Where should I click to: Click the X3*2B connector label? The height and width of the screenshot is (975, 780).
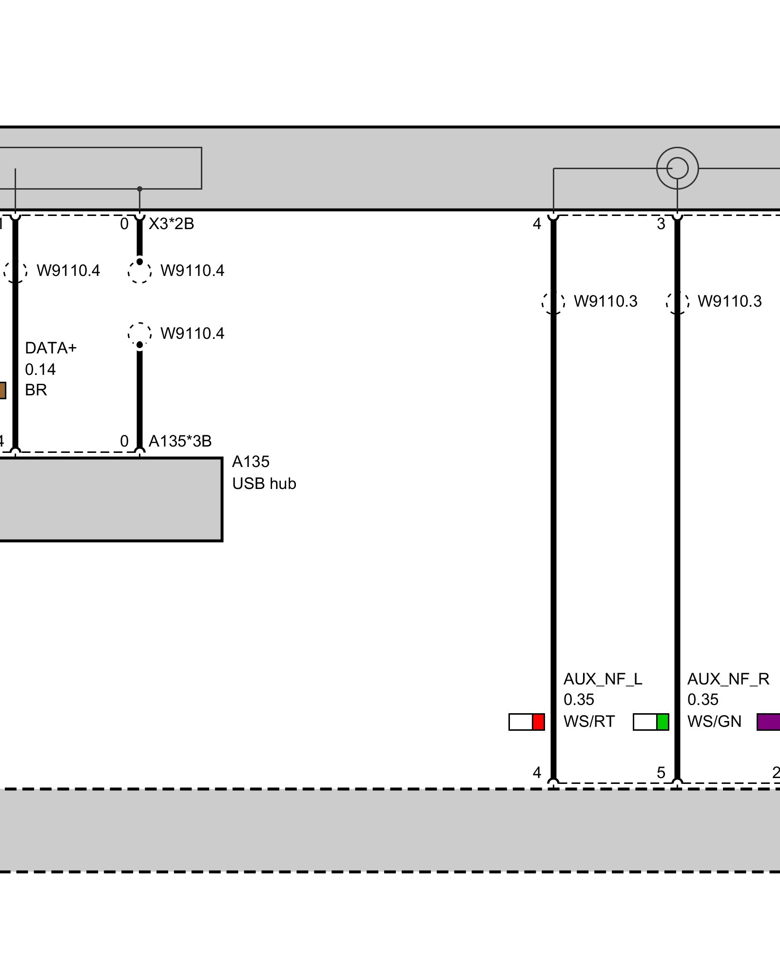(x=171, y=224)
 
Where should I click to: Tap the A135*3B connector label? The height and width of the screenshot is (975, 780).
(x=180, y=441)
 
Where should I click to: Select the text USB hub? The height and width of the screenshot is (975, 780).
(x=264, y=484)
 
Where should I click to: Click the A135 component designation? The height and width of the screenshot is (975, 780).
(x=251, y=462)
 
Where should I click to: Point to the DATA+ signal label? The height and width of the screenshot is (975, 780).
(x=51, y=348)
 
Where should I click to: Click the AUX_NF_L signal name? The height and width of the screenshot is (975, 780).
(x=603, y=679)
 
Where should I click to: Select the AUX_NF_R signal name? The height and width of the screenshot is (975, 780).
(x=728, y=679)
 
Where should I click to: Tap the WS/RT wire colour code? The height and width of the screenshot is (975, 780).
(x=589, y=721)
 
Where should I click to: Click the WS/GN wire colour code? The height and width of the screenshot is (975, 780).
(x=714, y=721)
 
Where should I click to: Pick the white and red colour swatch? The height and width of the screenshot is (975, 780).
(x=526, y=722)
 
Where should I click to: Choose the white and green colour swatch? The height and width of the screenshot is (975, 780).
(x=651, y=722)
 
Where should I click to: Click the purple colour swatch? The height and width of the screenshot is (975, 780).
(x=769, y=722)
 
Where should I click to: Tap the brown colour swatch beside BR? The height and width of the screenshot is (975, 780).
(x=2, y=390)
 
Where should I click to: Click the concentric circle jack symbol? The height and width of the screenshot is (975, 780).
(x=677, y=169)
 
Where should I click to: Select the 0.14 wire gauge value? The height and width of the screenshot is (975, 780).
(x=40, y=370)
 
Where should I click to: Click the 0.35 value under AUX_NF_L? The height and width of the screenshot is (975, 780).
(x=579, y=700)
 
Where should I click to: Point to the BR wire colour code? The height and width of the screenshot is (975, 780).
(x=36, y=390)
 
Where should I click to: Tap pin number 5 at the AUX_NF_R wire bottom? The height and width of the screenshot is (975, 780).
(x=661, y=773)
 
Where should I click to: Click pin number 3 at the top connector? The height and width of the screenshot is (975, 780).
(x=661, y=224)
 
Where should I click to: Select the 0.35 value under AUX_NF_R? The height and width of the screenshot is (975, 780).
(x=702, y=700)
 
